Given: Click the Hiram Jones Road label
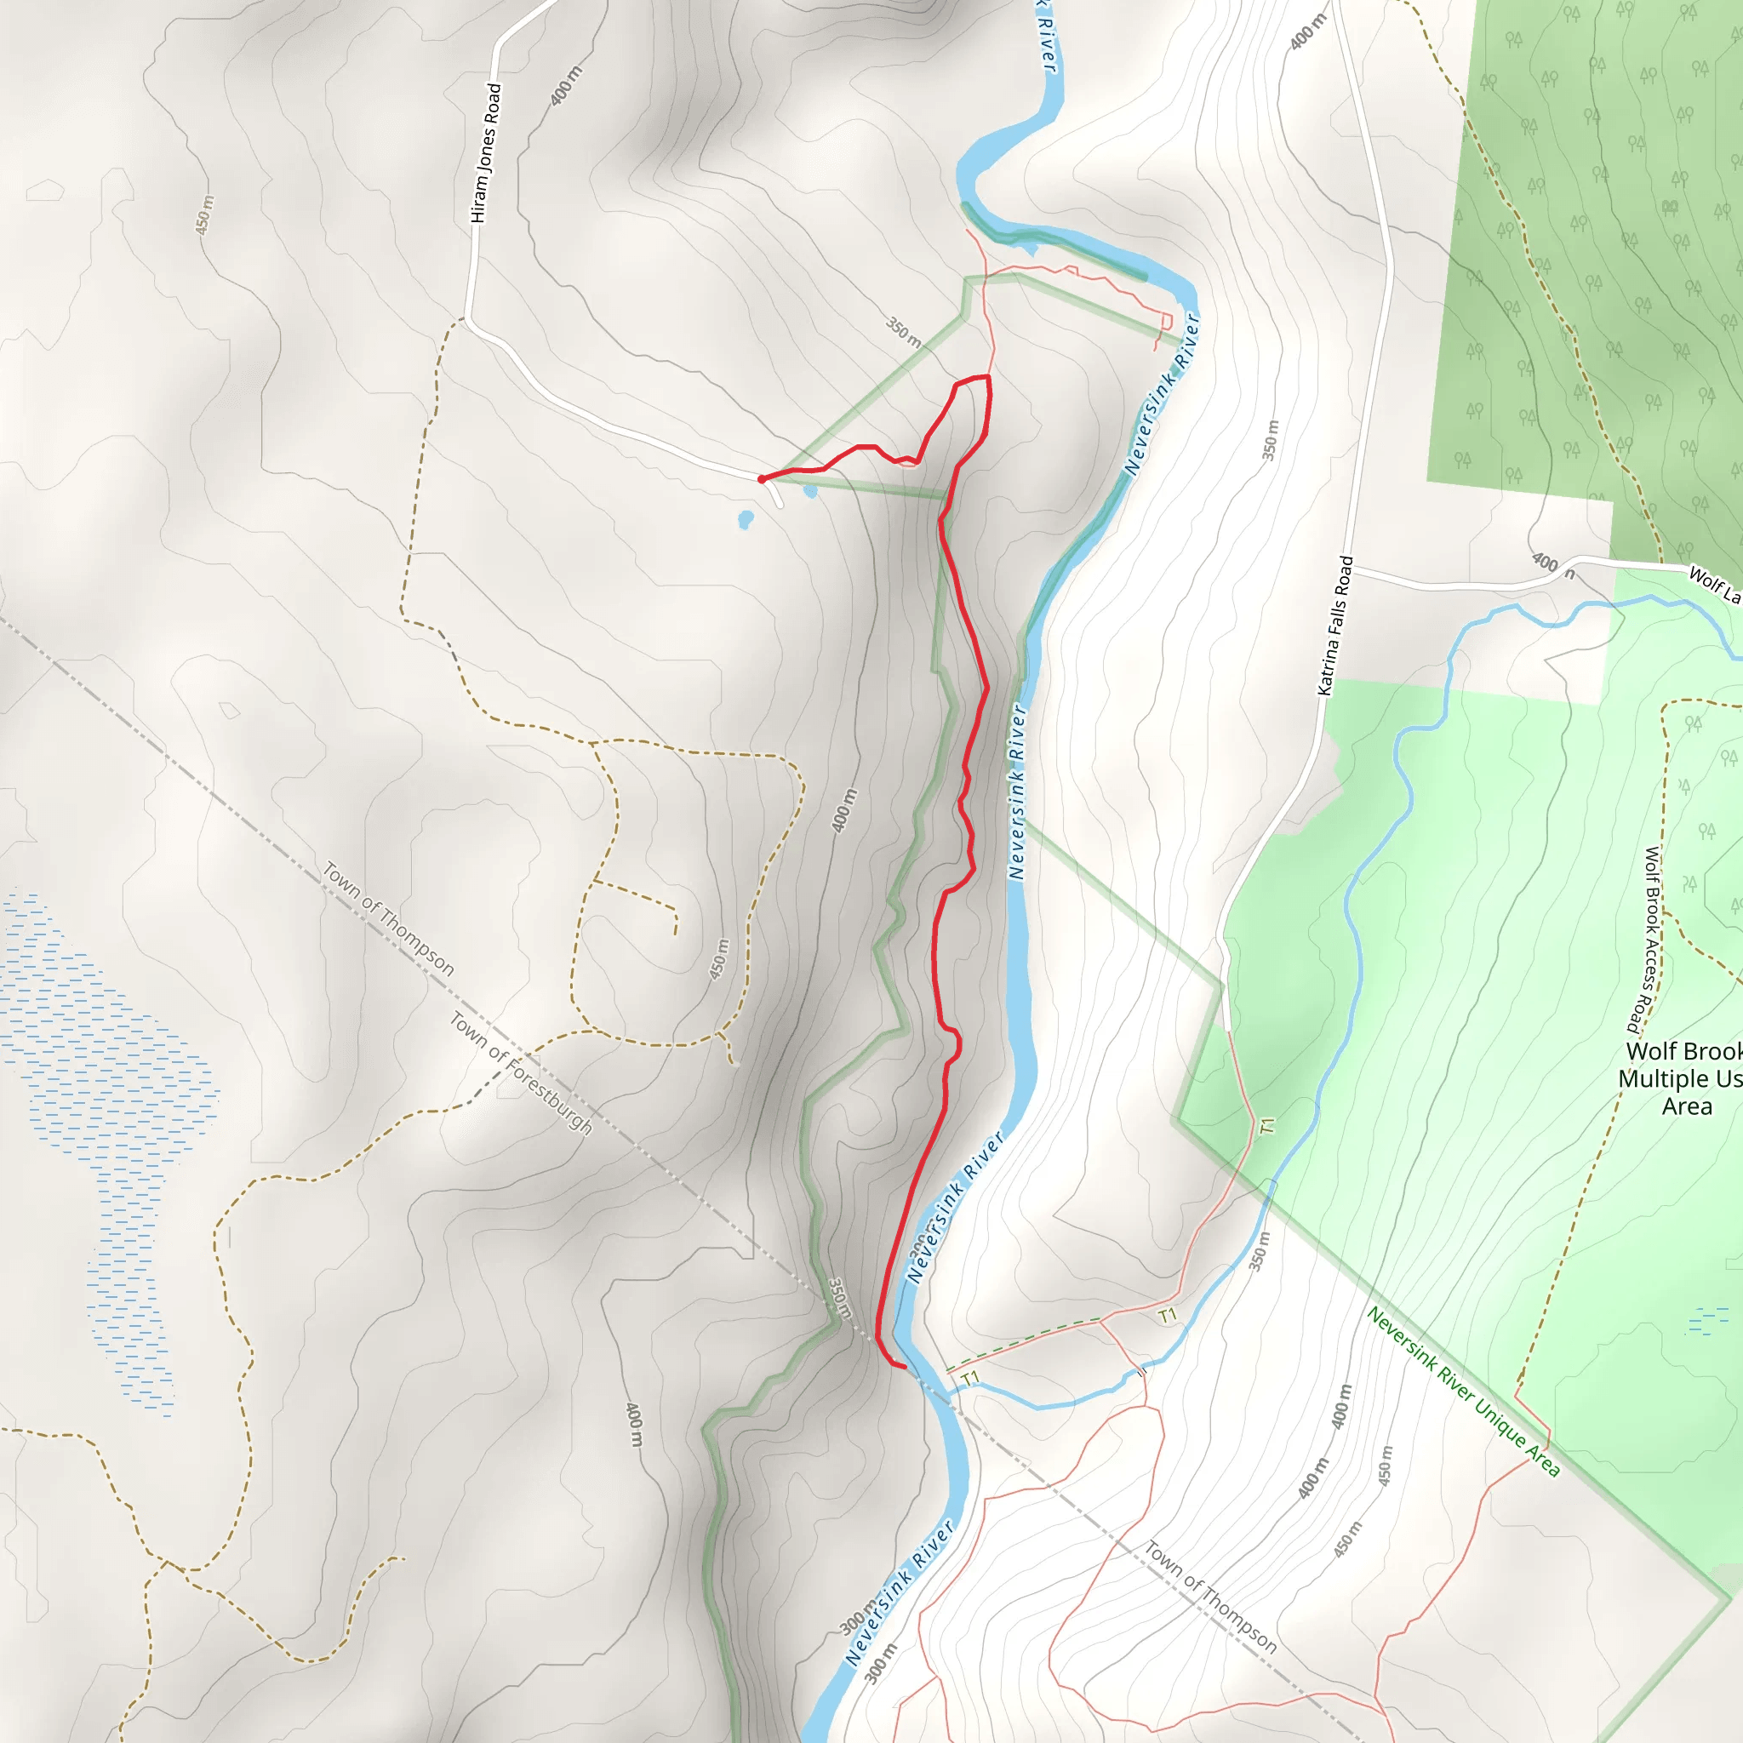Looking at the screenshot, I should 485,153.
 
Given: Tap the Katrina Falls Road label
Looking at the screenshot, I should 1336,626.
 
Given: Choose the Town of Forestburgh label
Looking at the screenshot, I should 521,1072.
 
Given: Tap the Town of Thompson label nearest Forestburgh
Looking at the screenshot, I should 389,918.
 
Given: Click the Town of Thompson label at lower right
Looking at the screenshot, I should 1211,1596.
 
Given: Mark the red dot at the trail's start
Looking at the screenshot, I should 762,479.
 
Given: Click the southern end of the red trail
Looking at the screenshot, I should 904,1368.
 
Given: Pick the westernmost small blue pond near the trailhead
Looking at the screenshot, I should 746,520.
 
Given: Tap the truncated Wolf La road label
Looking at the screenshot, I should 1713,584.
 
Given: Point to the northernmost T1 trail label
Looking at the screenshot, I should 1267,1125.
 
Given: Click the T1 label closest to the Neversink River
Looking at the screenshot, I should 970,1378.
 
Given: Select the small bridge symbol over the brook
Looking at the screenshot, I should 1141,1371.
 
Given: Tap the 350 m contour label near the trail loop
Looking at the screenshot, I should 903,332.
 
